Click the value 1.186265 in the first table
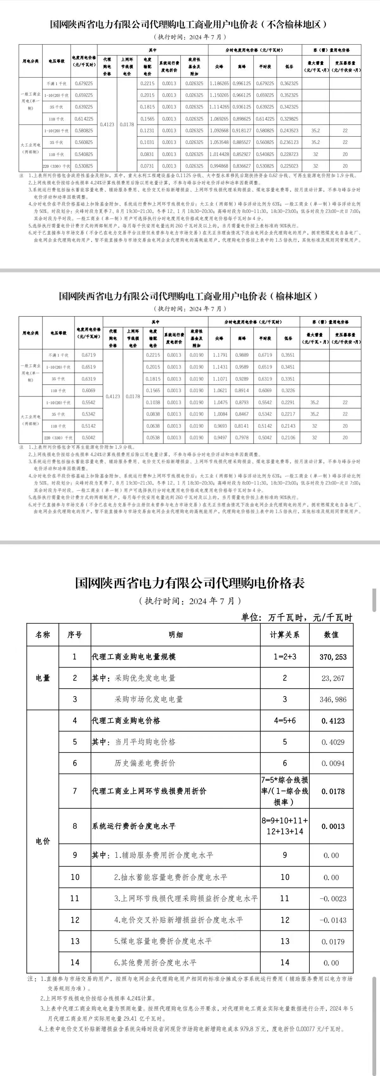tap(219, 83)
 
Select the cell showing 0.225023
tap(289, 166)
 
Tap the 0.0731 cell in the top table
tap(147, 166)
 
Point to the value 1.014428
tap(219, 154)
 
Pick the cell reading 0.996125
tap(242, 83)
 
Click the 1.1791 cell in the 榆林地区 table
tap(220, 355)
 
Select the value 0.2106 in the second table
tap(288, 438)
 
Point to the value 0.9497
tap(220, 438)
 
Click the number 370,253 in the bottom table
tap(333, 657)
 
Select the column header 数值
tap(332, 635)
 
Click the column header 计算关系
tap(285, 635)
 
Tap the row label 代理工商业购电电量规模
tap(134, 657)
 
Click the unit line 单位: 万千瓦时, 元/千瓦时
tap(297, 617)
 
